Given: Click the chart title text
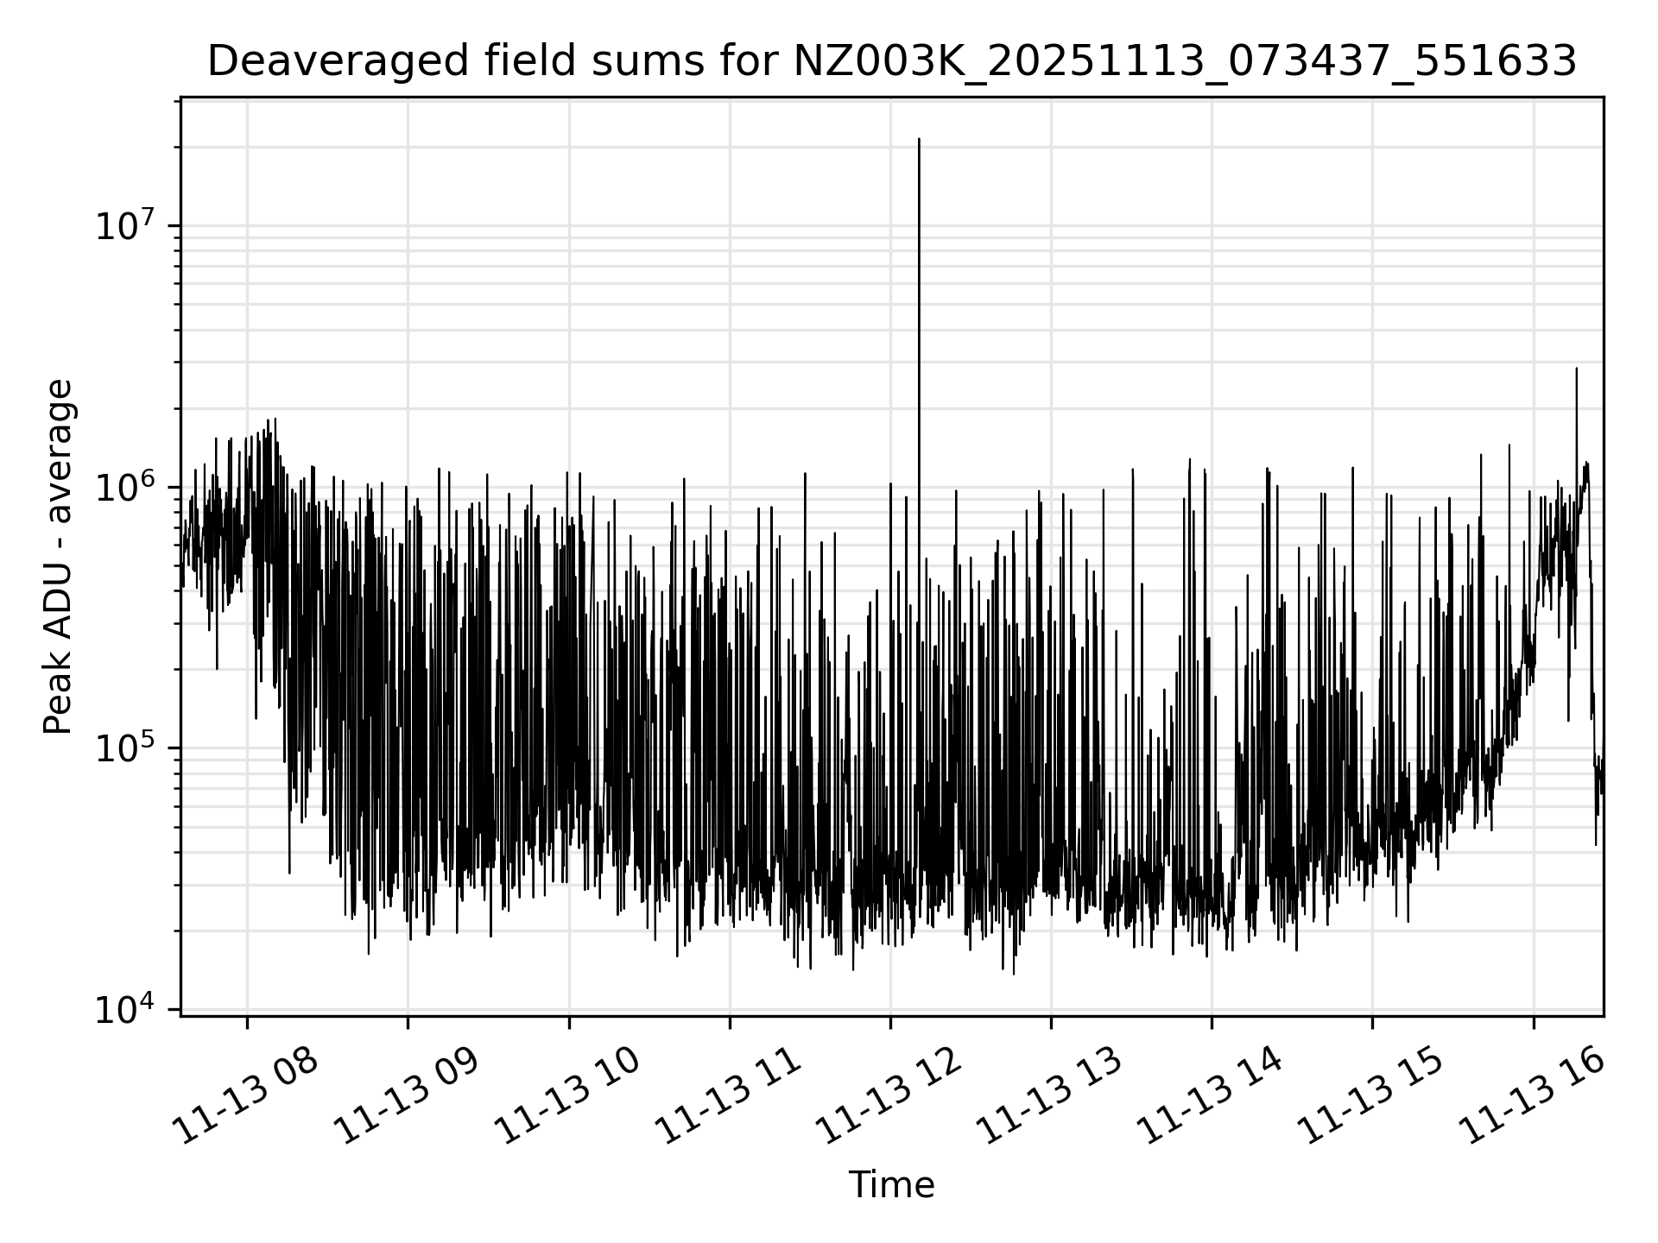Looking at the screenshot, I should (x=892, y=61).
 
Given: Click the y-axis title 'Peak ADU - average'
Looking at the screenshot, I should (x=58, y=558).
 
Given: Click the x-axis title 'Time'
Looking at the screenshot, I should (x=891, y=1185).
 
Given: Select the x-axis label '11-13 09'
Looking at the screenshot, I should (x=407, y=1096).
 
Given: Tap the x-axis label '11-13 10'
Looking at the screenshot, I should (x=567, y=1096).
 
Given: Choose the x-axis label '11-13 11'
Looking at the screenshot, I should (x=728, y=1096).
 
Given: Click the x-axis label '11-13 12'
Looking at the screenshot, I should (x=889, y=1096).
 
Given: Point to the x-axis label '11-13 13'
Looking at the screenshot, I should (x=1049, y=1096).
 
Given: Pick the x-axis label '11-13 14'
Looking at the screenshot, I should (x=1210, y=1096).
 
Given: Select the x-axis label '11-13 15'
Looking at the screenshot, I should (x=1370, y=1096).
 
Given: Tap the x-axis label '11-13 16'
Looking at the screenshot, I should (x=1531, y=1096).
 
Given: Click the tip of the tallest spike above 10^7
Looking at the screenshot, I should (x=919, y=139).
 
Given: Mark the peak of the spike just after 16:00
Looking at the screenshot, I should (x=1577, y=369).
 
